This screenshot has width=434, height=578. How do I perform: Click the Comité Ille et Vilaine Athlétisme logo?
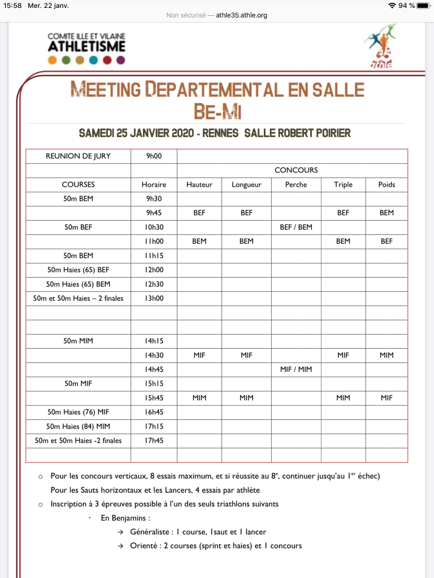pos(86,48)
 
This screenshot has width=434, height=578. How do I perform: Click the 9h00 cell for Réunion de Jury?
pos(154,156)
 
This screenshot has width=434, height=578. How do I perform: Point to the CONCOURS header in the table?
pos(296,170)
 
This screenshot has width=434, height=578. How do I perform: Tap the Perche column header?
pos(296,185)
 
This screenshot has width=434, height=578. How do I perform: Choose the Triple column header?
pos(343,185)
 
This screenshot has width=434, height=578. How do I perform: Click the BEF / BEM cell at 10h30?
pos(296,227)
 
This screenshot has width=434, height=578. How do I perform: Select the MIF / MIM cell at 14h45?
pos(296,369)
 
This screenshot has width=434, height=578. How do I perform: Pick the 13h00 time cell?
pos(154,298)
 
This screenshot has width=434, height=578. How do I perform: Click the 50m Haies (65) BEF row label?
pos(78,270)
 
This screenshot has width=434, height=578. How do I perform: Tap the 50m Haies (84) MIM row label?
pos(78,426)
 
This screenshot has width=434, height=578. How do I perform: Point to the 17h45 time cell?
pos(154,440)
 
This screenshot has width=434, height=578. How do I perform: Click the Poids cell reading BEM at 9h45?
pos(387,213)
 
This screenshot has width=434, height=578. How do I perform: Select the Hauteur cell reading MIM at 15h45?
pos(199,397)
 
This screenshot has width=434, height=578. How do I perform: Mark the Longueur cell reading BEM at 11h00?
pos(246,241)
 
